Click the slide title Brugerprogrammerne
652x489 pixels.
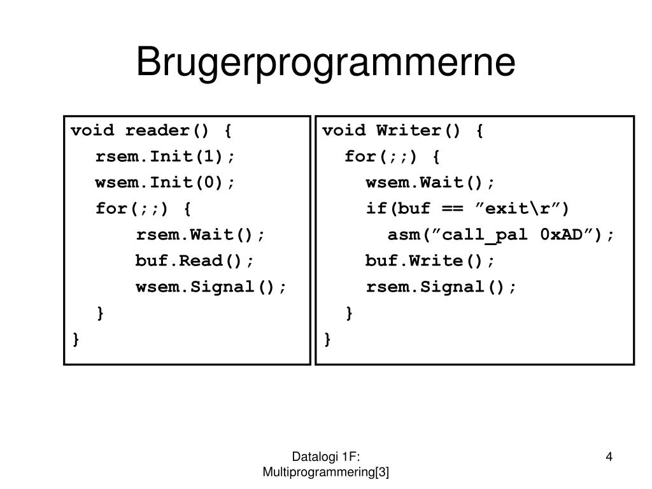[325, 62]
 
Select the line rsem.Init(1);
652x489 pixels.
[166, 157]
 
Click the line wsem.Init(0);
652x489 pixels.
[166, 183]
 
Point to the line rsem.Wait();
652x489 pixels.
[200, 235]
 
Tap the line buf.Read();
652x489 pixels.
[194, 261]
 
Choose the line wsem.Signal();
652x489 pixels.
[211, 287]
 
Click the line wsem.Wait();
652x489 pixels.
[430, 183]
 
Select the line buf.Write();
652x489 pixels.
[430, 261]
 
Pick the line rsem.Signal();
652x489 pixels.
[442, 287]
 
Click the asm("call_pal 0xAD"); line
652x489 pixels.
[502, 235]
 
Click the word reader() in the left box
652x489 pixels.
[167, 131]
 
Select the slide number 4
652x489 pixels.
[609, 456]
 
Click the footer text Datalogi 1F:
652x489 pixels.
[326, 456]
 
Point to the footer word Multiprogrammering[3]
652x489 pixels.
[326, 472]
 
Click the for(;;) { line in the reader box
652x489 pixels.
[143, 209]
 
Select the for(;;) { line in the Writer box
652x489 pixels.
[392, 157]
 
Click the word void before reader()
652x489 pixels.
[92, 131]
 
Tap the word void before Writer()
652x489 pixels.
[344, 131]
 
